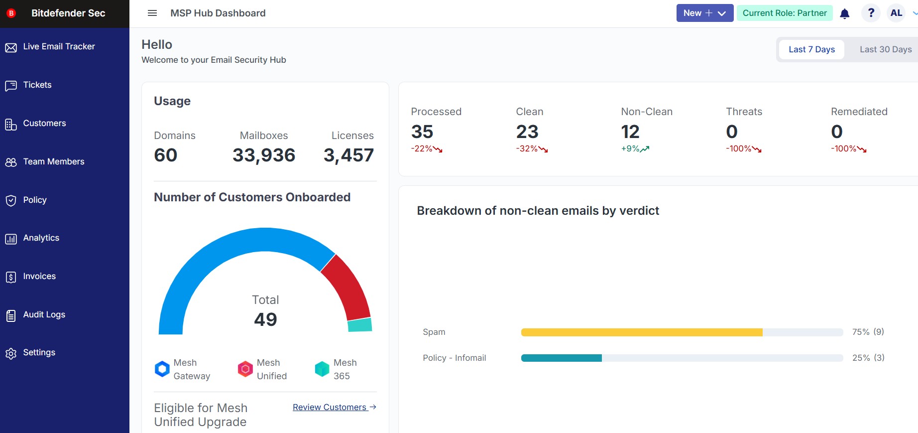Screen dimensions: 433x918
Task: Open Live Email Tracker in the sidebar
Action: click(59, 47)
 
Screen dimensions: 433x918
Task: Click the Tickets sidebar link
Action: click(37, 85)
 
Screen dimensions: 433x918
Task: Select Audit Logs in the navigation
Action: click(44, 315)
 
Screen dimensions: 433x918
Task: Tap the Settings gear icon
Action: click(11, 353)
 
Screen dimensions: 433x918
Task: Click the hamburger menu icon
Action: click(152, 13)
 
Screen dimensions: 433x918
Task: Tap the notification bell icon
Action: click(845, 13)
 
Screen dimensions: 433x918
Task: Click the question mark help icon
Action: click(871, 13)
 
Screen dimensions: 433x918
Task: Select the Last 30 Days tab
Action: click(885, 50)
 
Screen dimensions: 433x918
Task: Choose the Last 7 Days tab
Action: click(811, 50)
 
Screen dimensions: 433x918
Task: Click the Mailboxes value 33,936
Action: click(264, 155)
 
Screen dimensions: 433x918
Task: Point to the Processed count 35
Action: click(422, 132)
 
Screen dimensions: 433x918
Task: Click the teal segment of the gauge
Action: click(359, 325)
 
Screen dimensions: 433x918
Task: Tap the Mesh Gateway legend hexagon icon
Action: click(162, 369)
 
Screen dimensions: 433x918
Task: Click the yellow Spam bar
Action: click(641, 332)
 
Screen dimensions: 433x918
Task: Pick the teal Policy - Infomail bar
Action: click(561, 358)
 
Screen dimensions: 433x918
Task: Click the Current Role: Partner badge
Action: click(785, 13)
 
